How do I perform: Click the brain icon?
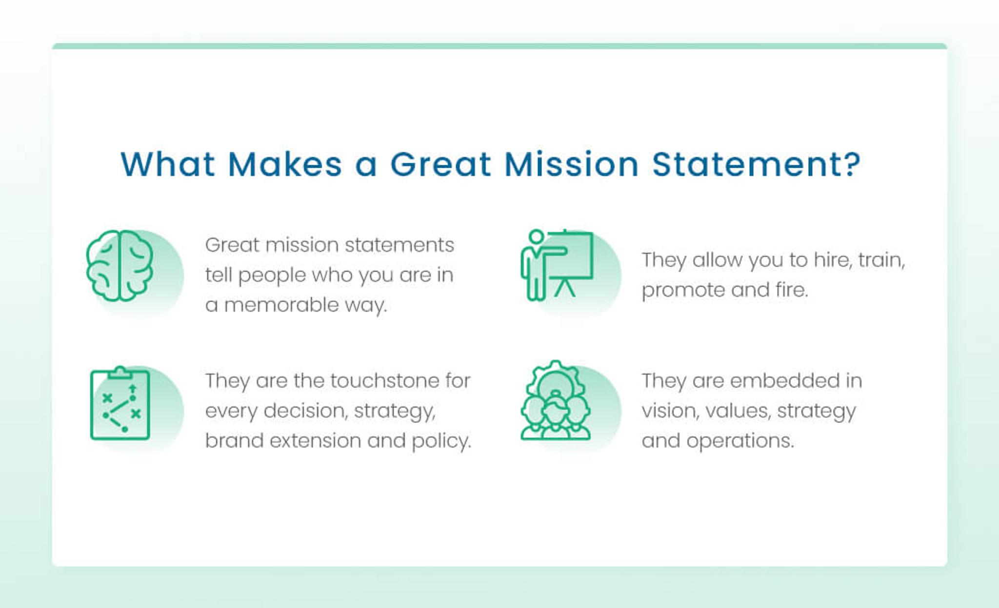(x=120, y=266)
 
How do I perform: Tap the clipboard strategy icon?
(x=120, y=404)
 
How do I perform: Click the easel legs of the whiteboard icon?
(x=564, y=288)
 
